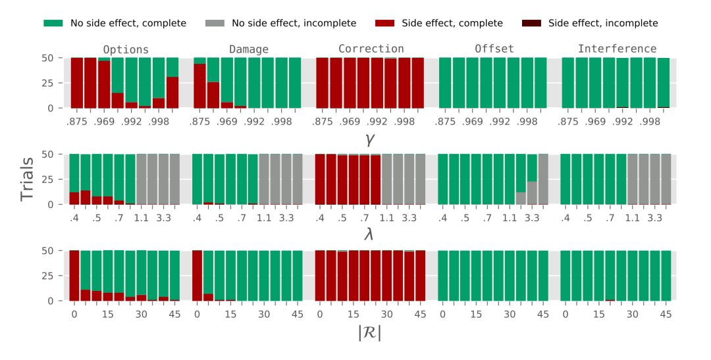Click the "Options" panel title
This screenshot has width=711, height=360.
pyautogui.click(x=126, y=49)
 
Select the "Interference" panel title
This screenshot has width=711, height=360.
pyautogui.click(x=617, y=49)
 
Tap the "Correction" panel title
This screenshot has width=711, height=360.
pyautogui.click(x=371, y=49)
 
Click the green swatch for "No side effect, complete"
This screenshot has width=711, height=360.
pyautogui.click(x=53, y=24)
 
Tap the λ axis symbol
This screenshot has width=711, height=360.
pyautogui.click(x=369, y=234)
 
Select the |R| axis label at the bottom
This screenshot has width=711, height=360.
pyautogui.click(x=369, y=333)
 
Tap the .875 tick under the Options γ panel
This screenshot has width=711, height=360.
pyautogui.click(x=76, y=122)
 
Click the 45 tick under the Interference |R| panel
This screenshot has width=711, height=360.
pyautogui.click(x=666, y=315)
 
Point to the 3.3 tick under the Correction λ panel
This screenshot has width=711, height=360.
pyautogui.click(x=409, y=218)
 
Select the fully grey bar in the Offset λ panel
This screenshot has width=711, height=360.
pyautogui.click(x=542, y=179)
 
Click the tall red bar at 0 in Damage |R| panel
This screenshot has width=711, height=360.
pyautogui.click(x=197, y=276)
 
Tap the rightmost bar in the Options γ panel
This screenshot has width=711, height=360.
pyautogui.click(x=172, y=83)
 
